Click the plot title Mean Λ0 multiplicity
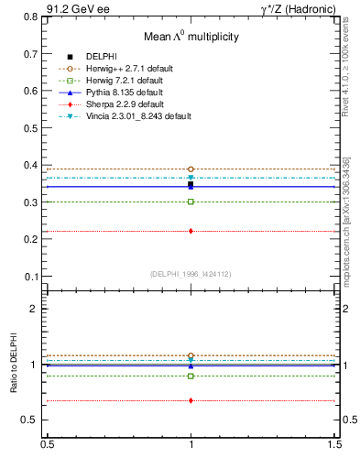pyautogui.click(x=191, y=37)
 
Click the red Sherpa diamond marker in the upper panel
pyautogui.click(x=191, y=231)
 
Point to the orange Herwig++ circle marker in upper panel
pyautogui.click(x=191, y=169)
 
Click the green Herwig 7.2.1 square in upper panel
pyautogui.click(x=191, y=202)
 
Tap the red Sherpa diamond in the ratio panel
pyautogui.click(x=191, y=400)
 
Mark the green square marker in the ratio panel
pyautogui.click(x=191, y=376)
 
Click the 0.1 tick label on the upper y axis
pyautogui.click(x=31, y=277)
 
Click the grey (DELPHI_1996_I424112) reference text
pyautogui.click(x=191, y=275)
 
